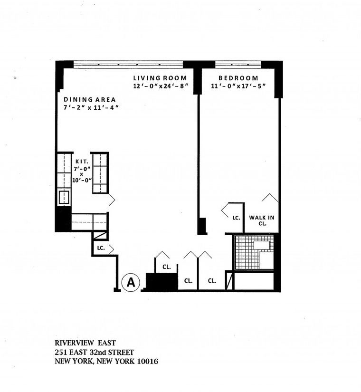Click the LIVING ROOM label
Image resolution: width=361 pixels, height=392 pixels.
point(160,78)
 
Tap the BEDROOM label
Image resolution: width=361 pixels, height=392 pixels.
point(238,78)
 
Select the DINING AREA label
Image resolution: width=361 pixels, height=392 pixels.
point(90,100)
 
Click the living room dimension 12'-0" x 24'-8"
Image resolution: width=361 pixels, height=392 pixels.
point(161,86)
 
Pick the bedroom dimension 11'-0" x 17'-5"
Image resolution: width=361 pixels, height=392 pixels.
point(238,86)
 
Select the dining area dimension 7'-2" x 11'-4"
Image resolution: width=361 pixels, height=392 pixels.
point(91,108)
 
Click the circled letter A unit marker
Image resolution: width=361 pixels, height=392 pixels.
point(131,282)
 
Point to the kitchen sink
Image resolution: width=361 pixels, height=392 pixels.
point(64,196)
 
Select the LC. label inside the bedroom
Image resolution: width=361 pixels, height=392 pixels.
point(236,218)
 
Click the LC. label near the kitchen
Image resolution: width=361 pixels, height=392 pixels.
point(101,248)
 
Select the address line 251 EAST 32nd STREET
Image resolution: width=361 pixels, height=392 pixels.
point(94,352)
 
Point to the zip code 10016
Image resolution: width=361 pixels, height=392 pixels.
point(146,362)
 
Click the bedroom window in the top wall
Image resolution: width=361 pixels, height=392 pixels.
point(237,64)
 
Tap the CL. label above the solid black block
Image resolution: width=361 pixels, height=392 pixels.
point(166,267)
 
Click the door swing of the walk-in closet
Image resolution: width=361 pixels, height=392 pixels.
point(270,198)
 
